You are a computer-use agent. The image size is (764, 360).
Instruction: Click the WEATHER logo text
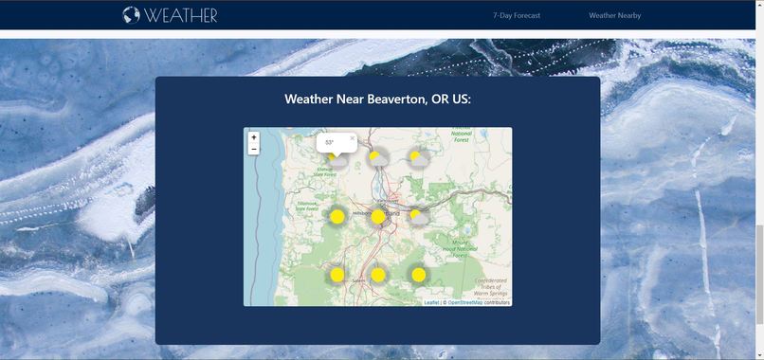(x=181, y=15)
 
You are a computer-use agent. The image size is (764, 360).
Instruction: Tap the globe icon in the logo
(x=132, y=15)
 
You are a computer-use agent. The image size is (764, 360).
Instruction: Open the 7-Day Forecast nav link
(x=517, y=15)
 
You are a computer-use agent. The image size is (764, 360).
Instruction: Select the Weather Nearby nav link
(x=614, y=15)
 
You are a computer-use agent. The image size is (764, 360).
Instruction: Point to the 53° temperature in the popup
(x=330, y=142)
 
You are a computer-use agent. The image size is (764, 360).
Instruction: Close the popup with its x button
(x=352, y=138)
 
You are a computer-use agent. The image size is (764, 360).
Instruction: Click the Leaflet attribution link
(x=431, y=302)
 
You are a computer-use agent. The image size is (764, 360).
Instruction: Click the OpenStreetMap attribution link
(x=464, y=302)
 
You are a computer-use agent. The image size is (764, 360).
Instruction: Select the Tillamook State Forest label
(x=309, y=207)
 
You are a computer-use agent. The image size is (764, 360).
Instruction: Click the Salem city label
(x=358, y=281)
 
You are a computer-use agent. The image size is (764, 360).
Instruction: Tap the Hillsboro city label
(x=360, y=214)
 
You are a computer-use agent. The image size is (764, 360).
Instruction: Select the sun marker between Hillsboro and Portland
(x=378, y=217)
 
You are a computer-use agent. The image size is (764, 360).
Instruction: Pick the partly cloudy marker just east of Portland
(x=417, y=217)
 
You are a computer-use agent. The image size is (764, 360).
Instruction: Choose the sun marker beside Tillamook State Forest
(x=337, y=216)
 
